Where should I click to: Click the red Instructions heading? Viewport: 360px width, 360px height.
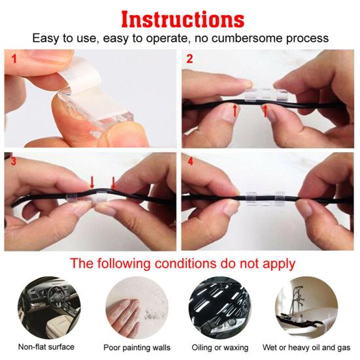(x=183, y=20)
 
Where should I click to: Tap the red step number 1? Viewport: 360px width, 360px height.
(x=14, y=59)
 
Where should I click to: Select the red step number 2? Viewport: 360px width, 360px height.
(x=189, y=59)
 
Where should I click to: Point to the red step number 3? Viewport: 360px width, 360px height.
(x=14, y=161)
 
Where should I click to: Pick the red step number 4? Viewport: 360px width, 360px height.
(x=190, y=161)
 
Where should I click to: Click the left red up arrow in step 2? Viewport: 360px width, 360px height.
(x=235, y=110)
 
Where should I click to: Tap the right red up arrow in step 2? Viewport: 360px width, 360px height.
(x=265, y=110)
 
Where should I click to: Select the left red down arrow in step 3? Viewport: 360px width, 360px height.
(x=92, y=182)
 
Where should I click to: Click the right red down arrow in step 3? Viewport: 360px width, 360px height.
(x=113, y=183)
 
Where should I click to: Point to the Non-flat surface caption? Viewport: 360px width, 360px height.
(x=46, y=347)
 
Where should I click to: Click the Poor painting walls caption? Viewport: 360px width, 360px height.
(x=137, y=348)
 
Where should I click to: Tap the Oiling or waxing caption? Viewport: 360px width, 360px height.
(x=220, y=348)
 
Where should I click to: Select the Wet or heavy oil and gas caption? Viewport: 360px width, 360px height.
(x=306, y=348)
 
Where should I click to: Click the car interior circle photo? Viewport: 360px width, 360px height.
(x=49, y=308)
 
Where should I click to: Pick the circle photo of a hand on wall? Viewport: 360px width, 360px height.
(x=137, y=308)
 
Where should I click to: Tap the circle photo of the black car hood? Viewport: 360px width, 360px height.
(x=220, y=308)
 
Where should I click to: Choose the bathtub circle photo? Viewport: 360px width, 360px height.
(x=306, y=308)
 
